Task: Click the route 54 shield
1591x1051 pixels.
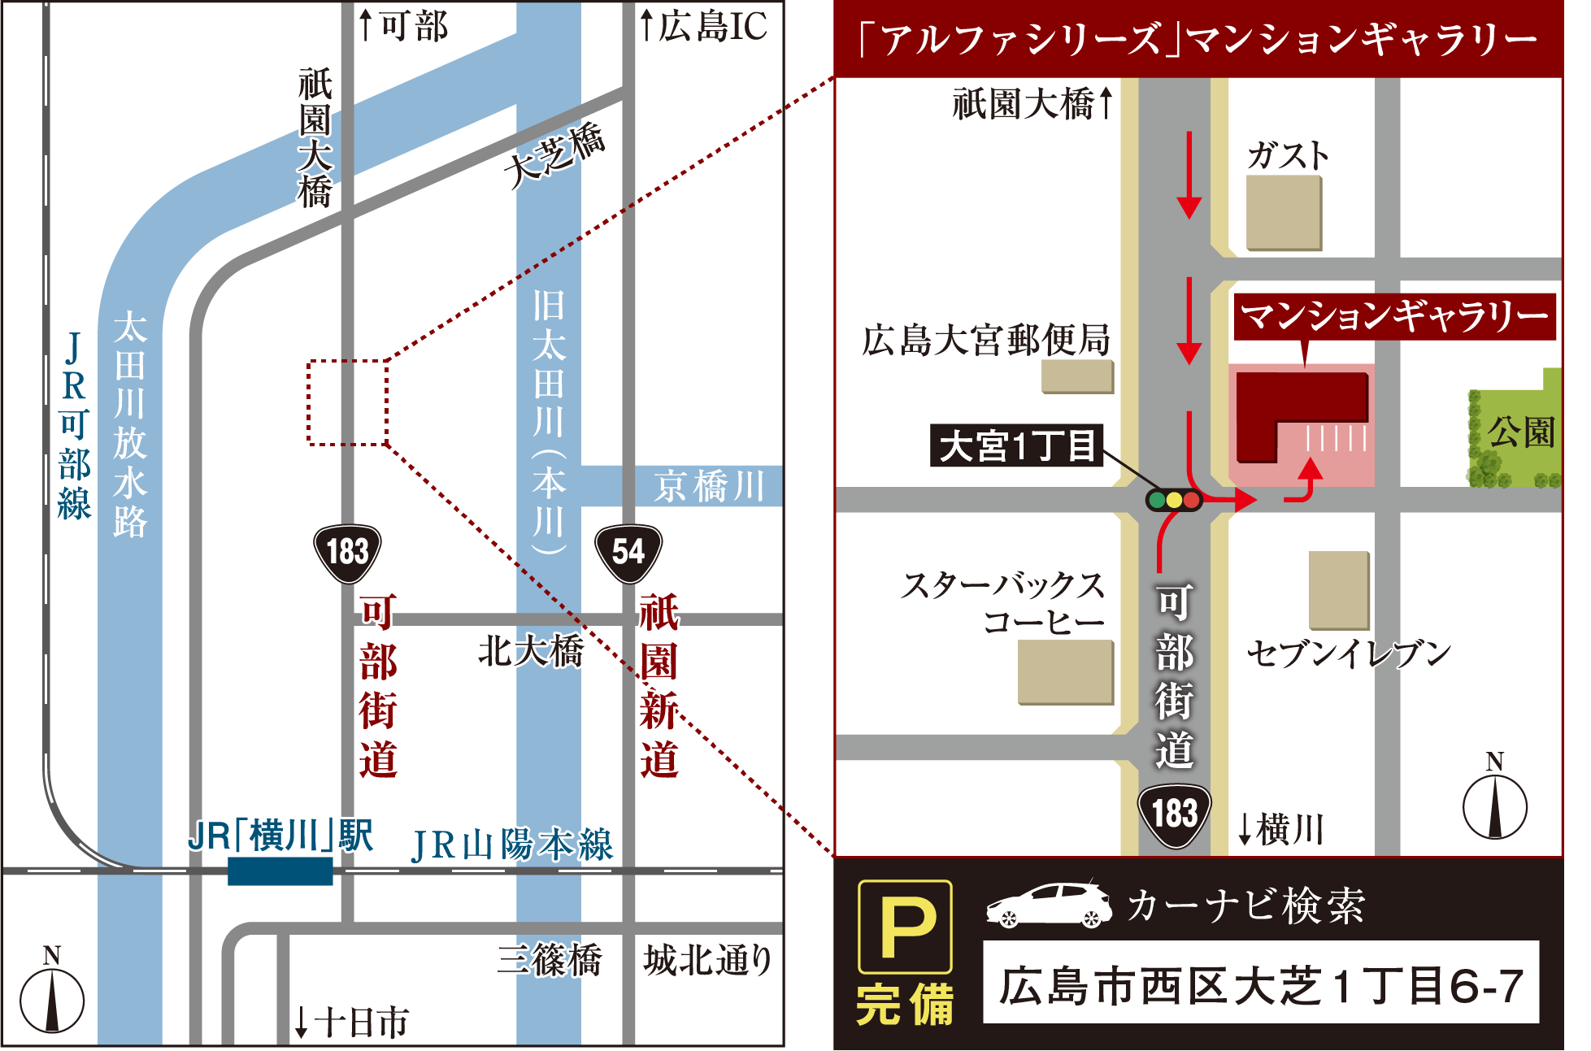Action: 628,553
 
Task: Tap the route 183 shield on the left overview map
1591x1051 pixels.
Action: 347,553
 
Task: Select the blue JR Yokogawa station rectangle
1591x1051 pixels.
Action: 280,871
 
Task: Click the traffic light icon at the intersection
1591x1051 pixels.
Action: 1173,500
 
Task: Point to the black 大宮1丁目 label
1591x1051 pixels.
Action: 1016,445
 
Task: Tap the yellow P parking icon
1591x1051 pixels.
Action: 905,927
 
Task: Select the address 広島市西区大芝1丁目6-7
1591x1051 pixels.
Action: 1260,985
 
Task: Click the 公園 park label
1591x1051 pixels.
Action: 1520,432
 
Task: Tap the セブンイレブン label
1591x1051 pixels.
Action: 1349,654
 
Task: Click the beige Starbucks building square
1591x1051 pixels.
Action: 1066,671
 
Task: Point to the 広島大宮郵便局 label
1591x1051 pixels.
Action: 986,340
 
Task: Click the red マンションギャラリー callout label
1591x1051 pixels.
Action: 1393,316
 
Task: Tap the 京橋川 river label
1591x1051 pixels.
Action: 709,486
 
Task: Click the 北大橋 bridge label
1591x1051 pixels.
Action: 530,651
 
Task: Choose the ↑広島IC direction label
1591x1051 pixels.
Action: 703,26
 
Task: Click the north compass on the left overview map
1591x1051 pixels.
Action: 52,996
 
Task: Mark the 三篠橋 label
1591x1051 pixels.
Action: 550,960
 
